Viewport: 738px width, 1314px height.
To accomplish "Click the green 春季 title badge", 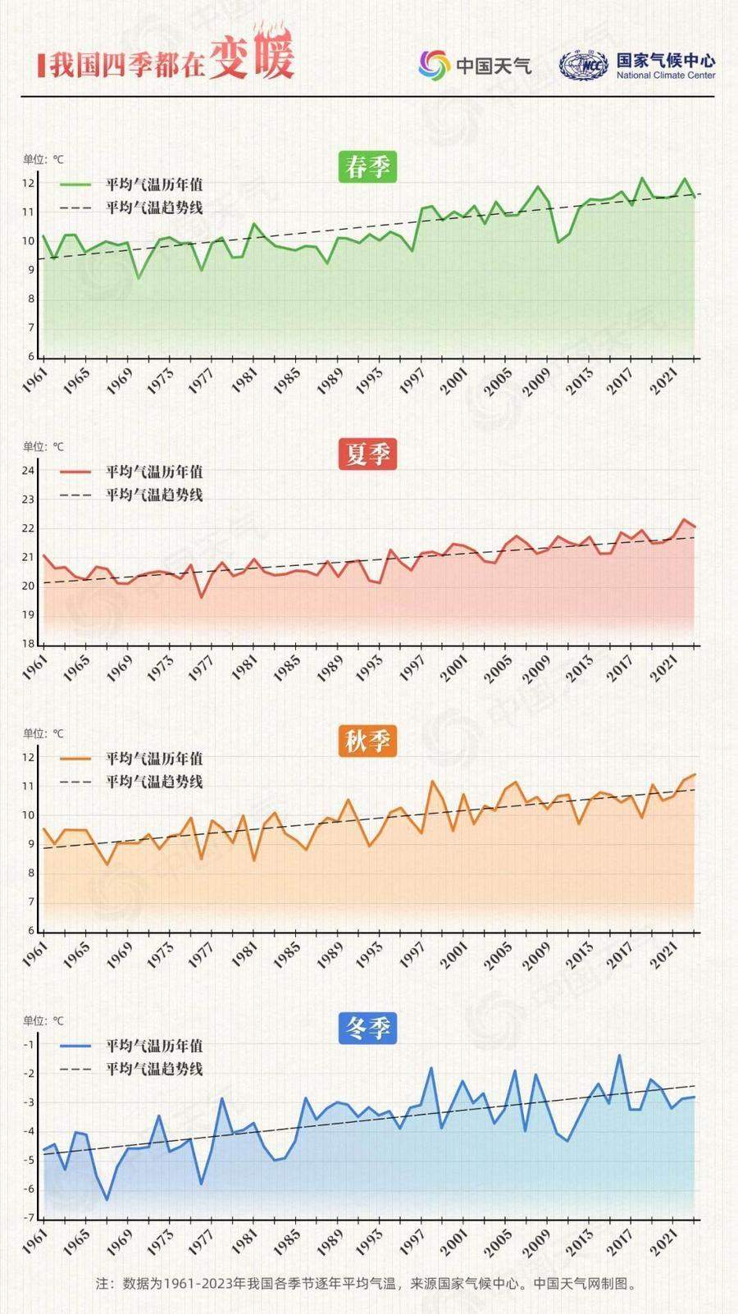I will point(367,167).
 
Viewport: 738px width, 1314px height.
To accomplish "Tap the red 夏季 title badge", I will point(367,454).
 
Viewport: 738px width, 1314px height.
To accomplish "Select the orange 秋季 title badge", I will point(367,741).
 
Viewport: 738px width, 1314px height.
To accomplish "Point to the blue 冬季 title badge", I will point(367,1029).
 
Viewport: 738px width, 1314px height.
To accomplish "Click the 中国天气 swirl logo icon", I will point(434,65).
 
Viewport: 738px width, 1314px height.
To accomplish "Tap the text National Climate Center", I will point(666,75).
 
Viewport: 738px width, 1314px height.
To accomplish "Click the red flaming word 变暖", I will point(250,60).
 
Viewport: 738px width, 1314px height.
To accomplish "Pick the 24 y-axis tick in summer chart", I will point(28,471).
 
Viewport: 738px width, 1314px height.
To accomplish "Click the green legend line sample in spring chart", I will point(76,185).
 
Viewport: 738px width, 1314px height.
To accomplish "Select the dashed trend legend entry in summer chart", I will point(131,495).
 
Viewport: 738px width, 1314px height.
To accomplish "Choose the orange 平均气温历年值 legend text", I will point(154,759).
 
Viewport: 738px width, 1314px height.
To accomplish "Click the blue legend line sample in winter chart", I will point(76,1046).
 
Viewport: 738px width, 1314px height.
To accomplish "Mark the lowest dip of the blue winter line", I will point(107,1199).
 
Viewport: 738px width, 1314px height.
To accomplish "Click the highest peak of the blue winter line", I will point(620,1056).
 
